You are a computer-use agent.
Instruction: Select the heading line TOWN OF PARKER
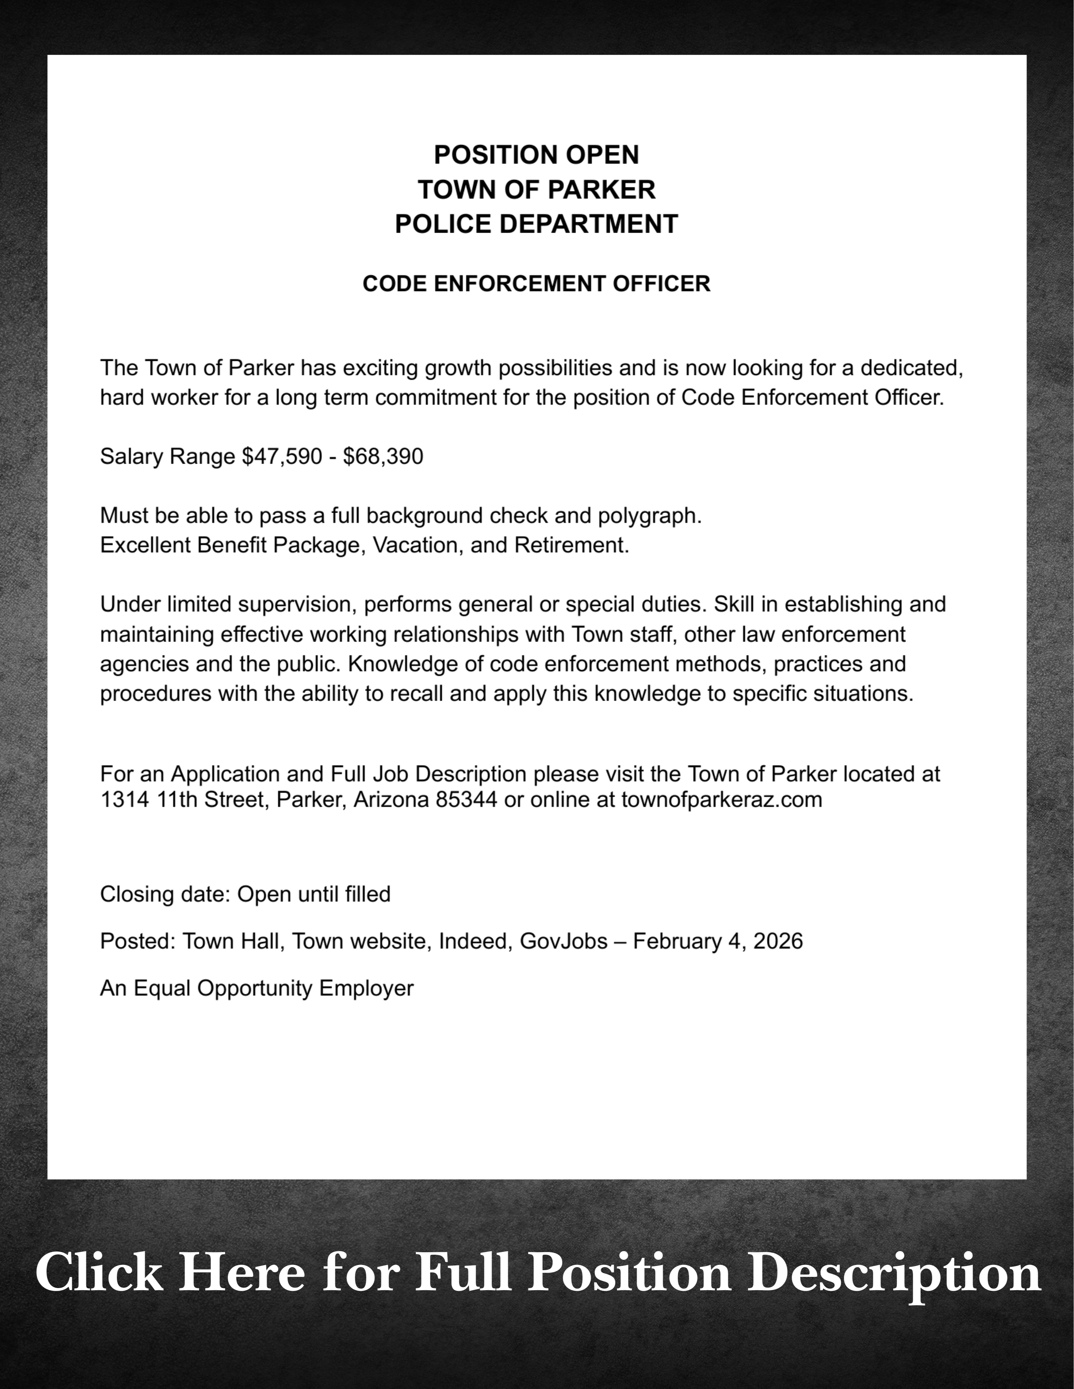pyautogui.click(x=536, y=190)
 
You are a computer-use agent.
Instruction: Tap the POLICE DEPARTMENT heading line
pyautogui.click(x=536, y=224)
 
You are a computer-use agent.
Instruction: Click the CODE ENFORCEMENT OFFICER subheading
pyautogui.click(x=536, y=284)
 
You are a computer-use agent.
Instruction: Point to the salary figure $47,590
pyautogui.click(x=282, y=457)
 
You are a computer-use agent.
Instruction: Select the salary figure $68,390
pyautogui.click(x=383, y=457)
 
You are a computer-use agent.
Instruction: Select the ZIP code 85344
pyautogui.click(x=466, y=799)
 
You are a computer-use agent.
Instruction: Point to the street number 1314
pyautogui.click(x=125, y=799)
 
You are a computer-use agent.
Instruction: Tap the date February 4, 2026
pyautogui.click(x=718, y=941)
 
